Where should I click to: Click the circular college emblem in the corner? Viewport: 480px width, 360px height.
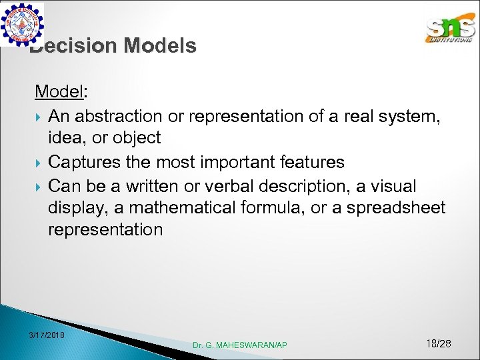23,24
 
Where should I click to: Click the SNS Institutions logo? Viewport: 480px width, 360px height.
451,28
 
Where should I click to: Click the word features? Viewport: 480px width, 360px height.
312,162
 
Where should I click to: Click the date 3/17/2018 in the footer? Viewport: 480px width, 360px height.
47,334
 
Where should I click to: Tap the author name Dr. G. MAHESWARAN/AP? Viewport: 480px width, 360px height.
240,345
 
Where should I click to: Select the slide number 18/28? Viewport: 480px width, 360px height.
438,343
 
